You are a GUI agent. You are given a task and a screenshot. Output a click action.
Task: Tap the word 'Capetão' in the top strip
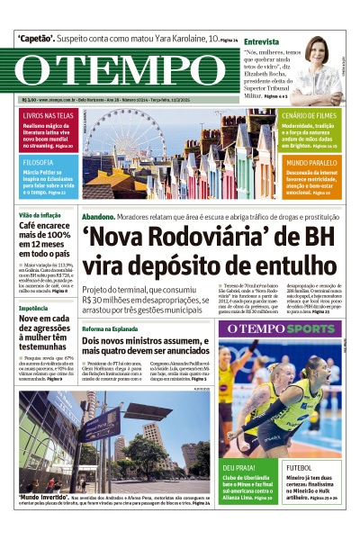point(39,39)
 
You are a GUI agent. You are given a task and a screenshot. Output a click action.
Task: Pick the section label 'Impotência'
point(34,306)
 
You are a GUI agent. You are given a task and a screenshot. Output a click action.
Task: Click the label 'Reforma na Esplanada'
point(112,329)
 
